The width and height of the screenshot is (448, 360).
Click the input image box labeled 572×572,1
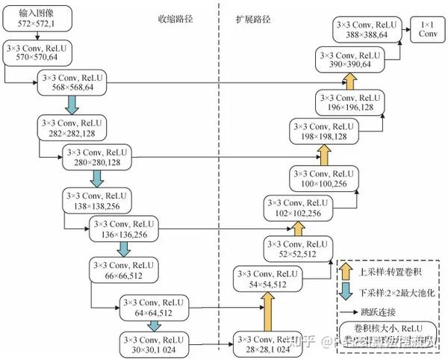click(33, 19)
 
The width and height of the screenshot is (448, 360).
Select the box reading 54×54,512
click(266, 279)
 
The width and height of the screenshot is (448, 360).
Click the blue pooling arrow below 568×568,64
click(73, 102)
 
